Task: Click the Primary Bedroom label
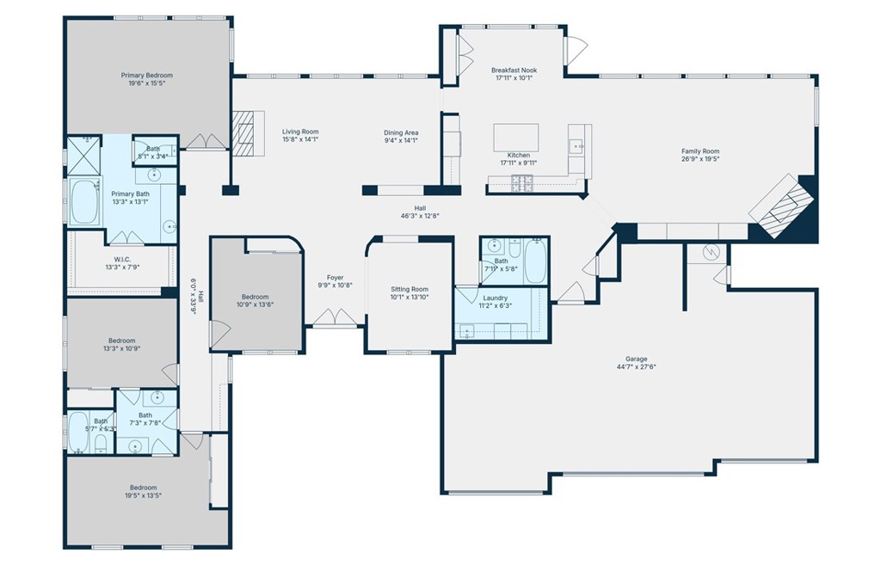click(147, 76)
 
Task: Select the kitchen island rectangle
click(515, 138)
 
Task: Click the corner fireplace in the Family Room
click(782, 206)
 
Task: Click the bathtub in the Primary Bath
click(84, 203)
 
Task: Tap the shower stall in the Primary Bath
click(83, 154)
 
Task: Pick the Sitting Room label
click(409, 289)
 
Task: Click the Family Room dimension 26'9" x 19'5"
click(699, 159)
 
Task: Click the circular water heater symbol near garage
click(711, 252)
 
